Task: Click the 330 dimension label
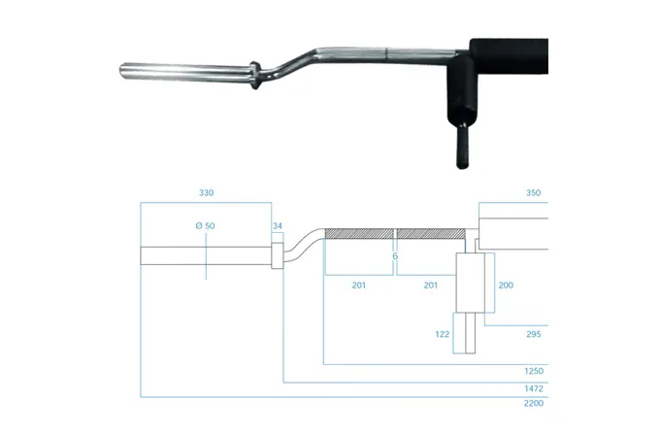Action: click(x=206, y=193)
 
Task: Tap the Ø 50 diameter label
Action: click(x=206, y=225)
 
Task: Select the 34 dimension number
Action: click(x=277, y=226)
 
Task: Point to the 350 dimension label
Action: click(x=533, y=193)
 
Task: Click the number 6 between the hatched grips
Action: click(x=395, y=256)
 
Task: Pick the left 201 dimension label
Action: click(x=359, y=286)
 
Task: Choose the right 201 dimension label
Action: click(x=430, y=286)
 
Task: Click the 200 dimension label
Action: click(x=506, y=286)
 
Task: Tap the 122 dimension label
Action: click(x=443, y=334)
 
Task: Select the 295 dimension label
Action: click(x=533, y=334)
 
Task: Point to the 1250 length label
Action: click(x=534, y=371)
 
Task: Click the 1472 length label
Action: click(x=534, y=388)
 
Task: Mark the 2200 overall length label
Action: click(x=534, y=403)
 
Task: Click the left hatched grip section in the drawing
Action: click(x=359, y=234)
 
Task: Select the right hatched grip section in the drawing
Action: click(x=431, y=234)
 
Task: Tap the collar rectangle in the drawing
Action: click(x=278, y=255)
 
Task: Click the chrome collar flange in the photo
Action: click(x=254, y=75)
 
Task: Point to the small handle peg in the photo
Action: click(x=462, y=146)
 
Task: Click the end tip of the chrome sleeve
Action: click(x=121, y=71)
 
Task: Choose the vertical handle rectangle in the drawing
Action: click(x=471, y=283)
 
